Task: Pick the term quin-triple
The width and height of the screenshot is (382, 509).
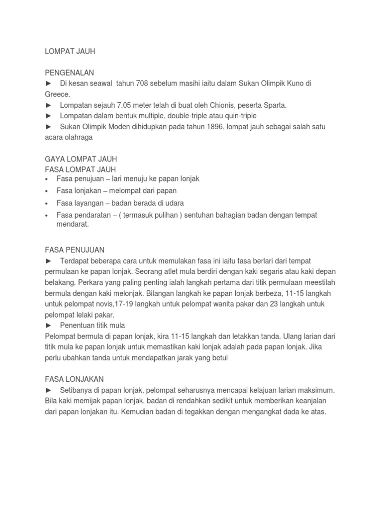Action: pos(239,116)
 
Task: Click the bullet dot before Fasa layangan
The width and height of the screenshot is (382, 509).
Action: pos(46,204)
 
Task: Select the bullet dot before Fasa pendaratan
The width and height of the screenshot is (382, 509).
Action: pos(46,216)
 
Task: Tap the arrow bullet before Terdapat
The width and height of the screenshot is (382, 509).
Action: pos(48,261)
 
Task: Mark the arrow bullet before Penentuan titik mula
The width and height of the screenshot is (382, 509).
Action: pos(48,325)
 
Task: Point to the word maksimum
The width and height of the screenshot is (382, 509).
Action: pos(309,390)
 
